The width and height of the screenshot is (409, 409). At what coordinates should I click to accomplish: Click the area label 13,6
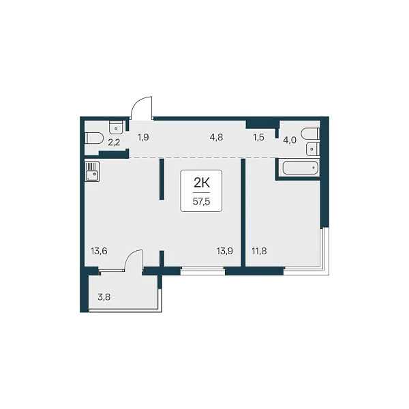coord(99,251)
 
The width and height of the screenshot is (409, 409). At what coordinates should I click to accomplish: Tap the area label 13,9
coord(224,251)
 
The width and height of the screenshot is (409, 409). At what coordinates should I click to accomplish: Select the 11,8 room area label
coord(259,251)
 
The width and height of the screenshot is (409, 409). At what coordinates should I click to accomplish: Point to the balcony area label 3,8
coord(104,297)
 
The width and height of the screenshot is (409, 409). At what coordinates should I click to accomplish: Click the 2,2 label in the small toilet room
coord(114,142)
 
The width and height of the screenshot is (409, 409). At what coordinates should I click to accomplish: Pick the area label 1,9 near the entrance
coord(143,137)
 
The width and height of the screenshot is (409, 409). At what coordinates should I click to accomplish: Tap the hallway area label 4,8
coord(216,137)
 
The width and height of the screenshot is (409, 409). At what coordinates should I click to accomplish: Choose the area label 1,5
coord(258,137)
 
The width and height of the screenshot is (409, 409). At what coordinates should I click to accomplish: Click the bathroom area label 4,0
coord(290,140)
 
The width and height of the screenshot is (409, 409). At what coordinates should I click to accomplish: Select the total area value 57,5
coord(201,202)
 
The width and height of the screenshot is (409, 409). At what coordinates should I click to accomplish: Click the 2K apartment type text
coord(201,183)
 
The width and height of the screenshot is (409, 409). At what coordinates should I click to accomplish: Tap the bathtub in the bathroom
coord(301,168)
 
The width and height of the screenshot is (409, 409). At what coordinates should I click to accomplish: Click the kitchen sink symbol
coord(92,171)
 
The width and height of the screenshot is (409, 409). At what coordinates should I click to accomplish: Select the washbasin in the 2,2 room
coord(117,127)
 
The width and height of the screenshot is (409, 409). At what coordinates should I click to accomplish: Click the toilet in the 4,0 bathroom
coord(310,134)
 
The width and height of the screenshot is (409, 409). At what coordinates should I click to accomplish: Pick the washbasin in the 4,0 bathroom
coord(313,149)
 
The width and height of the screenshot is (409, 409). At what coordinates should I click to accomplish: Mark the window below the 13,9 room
coord(202,271)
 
